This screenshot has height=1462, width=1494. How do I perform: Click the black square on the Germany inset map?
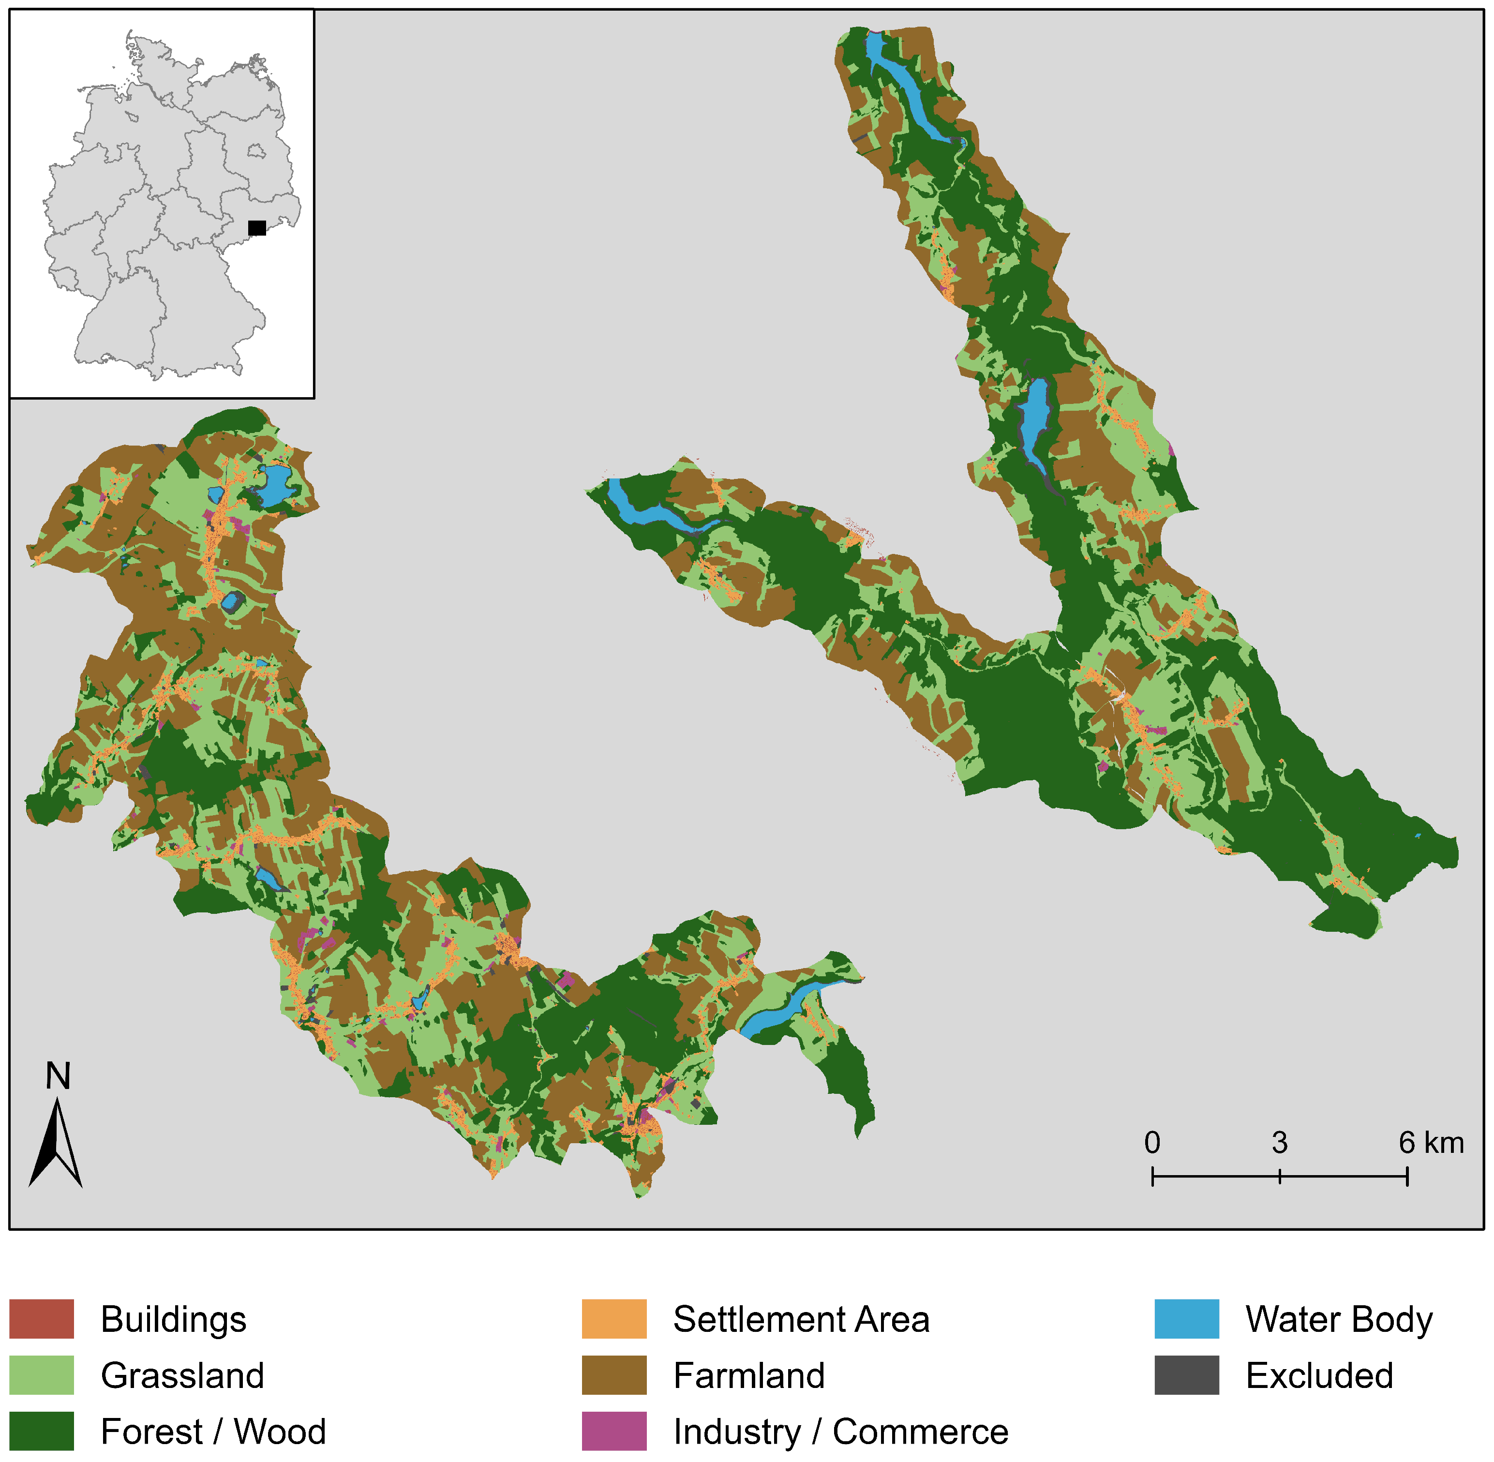coord(257,228)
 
